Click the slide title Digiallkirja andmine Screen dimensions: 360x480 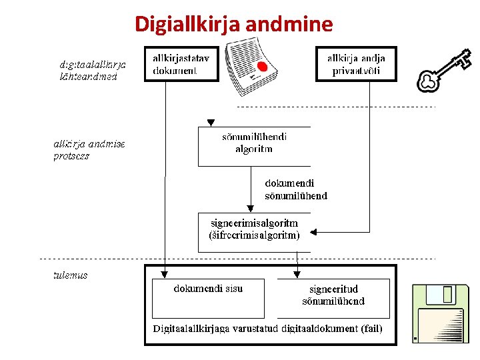pyautogui.click(x=233, y=25)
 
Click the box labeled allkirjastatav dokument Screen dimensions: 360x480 pyautogui.click(x=181, y=64)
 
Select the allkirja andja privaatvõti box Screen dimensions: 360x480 pyautogui.click(x=356, y=64)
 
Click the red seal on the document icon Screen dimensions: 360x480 pyautogui.click(x=262, y=67)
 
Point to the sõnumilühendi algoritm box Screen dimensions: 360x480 pyautogui.click(x=254, y=145)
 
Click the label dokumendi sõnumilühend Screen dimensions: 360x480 pyautogui.click(x=296, y=189)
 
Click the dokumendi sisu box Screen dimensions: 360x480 pyautogui.click(x=208, y=297)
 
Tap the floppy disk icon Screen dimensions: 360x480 pyautogui.click(x=437, y=313)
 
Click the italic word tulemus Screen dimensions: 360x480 pyautogui.click(x=71, y=275)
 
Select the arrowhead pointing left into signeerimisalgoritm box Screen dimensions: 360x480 pyautogui.click(x=315, y=233)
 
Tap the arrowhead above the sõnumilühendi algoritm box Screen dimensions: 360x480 pyautogui.click(x=211, y=123)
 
